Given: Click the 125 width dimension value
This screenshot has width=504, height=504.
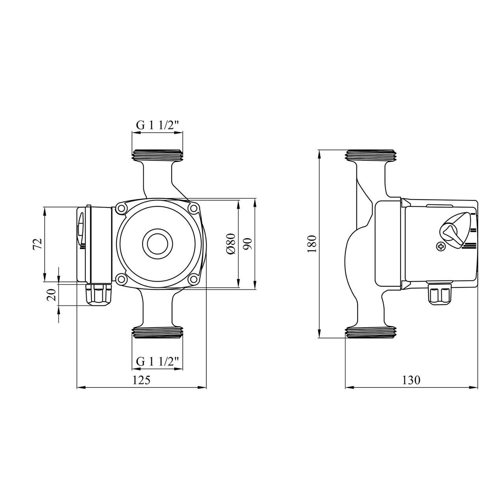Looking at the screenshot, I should point(141,380).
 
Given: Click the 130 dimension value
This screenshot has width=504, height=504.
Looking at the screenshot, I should point(411,380).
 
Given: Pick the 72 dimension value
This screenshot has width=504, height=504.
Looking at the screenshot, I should point(38,244).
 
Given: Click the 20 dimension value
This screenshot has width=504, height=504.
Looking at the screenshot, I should point(51,294).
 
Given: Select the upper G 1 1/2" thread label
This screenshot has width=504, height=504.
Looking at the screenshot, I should point(157,125).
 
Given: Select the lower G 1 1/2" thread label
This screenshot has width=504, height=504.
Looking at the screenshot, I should point(157,361).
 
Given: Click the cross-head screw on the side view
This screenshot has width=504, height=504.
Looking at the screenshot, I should point(441,246).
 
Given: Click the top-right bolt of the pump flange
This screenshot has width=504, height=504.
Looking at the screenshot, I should point(193,208).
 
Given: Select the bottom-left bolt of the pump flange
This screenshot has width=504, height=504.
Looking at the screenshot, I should point(121,280).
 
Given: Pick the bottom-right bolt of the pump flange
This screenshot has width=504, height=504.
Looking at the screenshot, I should point(193,280).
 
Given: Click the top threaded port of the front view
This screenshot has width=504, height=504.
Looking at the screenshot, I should point(157,156).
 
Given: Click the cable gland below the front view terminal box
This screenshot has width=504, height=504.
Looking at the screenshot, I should point(99,295).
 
